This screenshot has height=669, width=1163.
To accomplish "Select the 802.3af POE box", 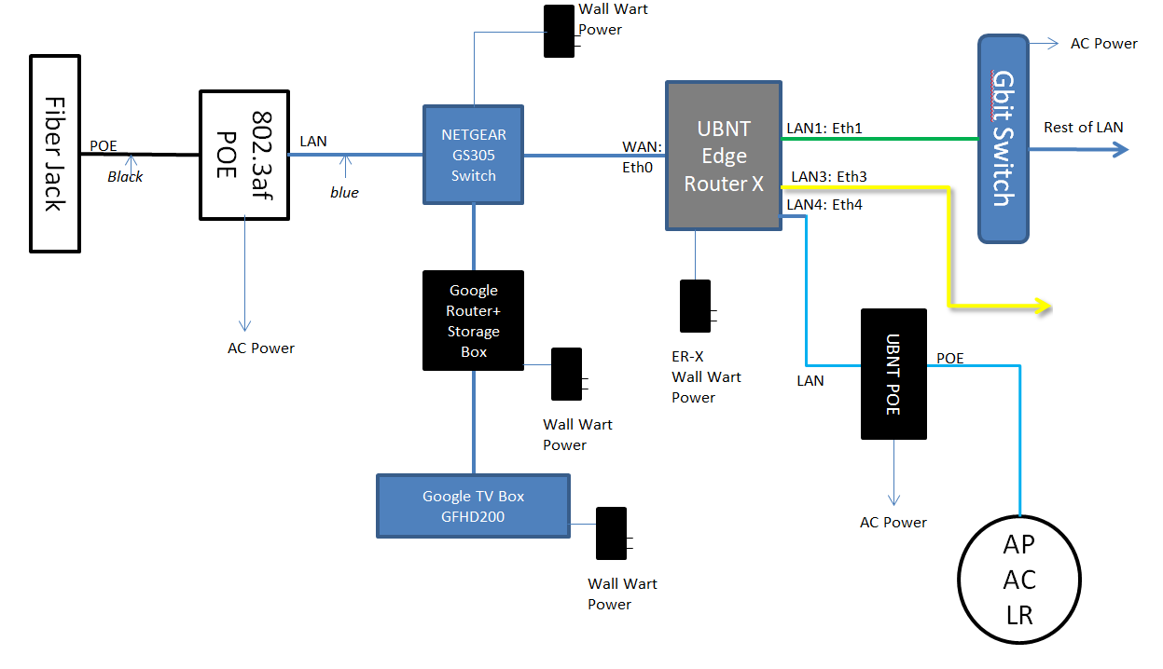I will pos(244,155).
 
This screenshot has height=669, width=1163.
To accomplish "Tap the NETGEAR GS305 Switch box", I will pos(473,155).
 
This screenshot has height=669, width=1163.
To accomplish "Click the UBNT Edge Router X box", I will pos(723,156).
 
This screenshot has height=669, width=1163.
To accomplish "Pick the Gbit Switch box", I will pos(1003,138).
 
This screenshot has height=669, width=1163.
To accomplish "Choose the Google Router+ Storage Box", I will pos(473,321).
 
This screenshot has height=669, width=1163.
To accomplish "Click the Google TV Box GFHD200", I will pos(473,506).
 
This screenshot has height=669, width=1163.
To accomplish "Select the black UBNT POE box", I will pos(893,374).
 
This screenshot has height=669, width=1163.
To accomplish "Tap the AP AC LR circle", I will pos(1019,580).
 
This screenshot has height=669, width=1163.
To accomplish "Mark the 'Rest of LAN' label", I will pos(1083,128).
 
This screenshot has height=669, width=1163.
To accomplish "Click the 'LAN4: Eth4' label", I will pos(824,205).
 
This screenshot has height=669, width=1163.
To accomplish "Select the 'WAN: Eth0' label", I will pos(642,157).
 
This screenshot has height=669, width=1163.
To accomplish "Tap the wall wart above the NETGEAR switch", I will pos(559,31).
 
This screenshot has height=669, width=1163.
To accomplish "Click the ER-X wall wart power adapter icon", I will pos(695,306).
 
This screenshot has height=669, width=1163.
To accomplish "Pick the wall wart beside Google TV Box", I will pos(611,533).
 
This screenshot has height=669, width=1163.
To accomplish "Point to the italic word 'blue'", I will pos(344,193).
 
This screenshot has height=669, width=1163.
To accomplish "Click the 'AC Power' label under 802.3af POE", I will pos(261,348).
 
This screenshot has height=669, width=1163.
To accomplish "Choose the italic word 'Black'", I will pos(125,176).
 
